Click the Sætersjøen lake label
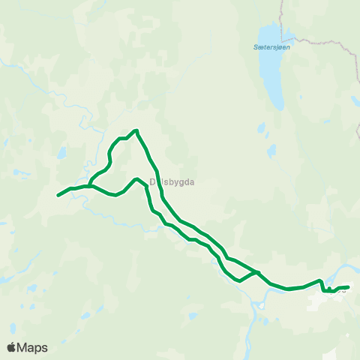click(271, 46)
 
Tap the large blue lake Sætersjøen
click(268, 64)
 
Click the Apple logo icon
click(12, 347)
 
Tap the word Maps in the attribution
click(33, 347)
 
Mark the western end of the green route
click(58, 196)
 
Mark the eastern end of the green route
click(349, 286)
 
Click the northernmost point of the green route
click(136, 130)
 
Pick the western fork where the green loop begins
click(90, 185)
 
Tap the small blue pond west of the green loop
click(61, 153)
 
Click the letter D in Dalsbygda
click(152, 181)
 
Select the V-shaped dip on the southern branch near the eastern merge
click(239, 281)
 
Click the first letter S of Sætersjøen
click(255, 46)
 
